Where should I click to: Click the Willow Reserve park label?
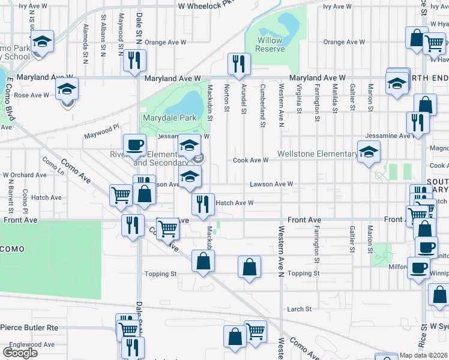pos(270,44)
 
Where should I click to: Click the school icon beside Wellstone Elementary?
pos(369,151)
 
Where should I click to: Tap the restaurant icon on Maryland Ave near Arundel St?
pos(239,64)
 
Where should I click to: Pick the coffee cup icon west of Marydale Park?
pos(134,145)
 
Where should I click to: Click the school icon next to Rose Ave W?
pos(67,89)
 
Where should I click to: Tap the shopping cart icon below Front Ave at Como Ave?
pos(168,229)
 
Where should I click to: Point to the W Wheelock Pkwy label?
pos(205,5)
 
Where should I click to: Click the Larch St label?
pos(299,309)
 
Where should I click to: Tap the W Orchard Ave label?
pos(25,175)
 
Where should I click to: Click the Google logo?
pos(20,353)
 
